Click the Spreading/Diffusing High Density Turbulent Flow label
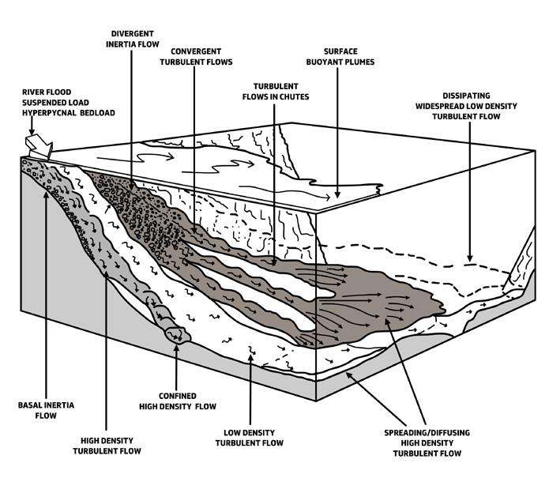(427, 442)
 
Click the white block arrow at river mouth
(38, 145)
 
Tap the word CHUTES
(293, 96)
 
